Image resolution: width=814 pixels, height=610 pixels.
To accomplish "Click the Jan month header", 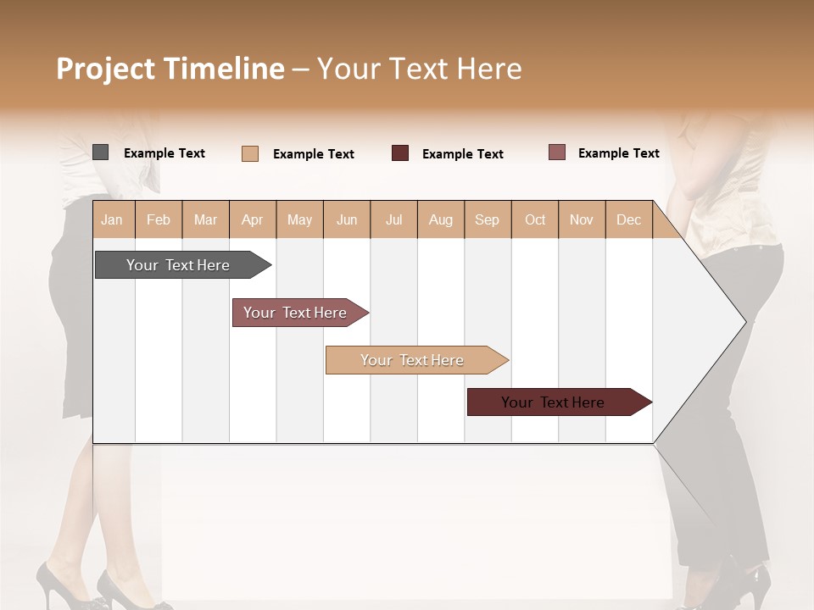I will click(x=113, y=219).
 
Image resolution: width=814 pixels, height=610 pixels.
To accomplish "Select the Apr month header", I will click(x=253, y=219).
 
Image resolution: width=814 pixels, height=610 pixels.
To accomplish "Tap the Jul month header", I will click(x=393, y=219).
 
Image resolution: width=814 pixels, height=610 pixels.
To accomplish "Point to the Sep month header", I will click(x=488, y=219).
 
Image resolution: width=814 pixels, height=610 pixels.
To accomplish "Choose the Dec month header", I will click(x=628, y=219).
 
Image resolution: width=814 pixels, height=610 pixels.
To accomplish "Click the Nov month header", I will click(x=582, y=219).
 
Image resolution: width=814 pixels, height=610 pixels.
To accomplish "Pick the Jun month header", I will click(x=347, y=219).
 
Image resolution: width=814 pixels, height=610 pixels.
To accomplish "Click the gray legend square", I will click(x=100, y=152).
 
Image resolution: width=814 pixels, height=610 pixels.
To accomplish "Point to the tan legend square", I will click(x=249, y=153).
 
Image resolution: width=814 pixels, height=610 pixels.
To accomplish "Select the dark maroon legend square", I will click(x=400, y=153).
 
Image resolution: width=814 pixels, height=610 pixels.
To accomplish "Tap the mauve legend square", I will click(x=556, y=152).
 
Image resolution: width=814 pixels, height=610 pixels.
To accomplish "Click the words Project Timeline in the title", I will click(x=170, y=69).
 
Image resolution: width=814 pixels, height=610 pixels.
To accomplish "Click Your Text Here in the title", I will click(x=419, y=69).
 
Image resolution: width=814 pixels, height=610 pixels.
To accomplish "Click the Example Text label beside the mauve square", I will click(x=618, y=153).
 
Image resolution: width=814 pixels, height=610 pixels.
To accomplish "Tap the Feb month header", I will click(x=159, y=219).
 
